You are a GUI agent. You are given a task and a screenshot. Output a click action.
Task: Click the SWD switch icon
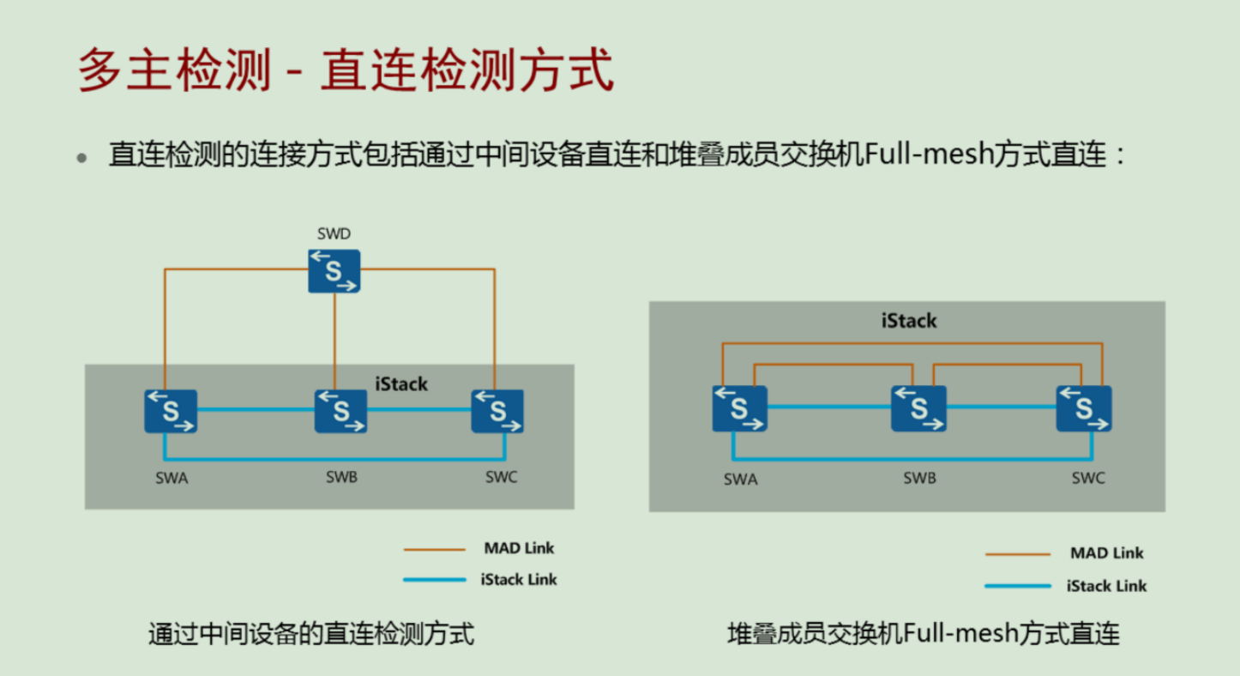334,271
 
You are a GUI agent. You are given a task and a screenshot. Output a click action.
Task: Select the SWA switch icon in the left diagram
171,411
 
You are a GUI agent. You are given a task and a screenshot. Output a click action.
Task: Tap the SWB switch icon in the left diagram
340,411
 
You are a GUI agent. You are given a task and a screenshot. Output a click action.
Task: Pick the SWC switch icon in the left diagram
497,411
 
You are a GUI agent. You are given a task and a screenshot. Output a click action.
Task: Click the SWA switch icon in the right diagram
739,408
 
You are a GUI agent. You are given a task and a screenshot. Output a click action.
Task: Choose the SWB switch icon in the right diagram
918,408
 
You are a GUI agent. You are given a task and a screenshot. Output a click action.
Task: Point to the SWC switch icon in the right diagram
1084,408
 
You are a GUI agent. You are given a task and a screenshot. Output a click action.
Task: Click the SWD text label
334,233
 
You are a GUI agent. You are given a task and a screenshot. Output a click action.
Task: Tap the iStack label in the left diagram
401,383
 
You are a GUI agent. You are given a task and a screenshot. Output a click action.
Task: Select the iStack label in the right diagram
909,322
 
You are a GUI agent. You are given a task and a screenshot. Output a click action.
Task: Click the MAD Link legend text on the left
520,548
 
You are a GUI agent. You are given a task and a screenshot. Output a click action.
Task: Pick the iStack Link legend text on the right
1106,586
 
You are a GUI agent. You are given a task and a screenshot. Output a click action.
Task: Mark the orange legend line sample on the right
1017,555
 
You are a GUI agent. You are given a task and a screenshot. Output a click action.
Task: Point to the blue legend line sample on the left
435,580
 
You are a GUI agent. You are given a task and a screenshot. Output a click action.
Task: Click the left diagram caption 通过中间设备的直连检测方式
310,634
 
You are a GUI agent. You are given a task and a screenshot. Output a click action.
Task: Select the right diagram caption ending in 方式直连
924,634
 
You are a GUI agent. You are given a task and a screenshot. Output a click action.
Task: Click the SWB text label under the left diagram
341,477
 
